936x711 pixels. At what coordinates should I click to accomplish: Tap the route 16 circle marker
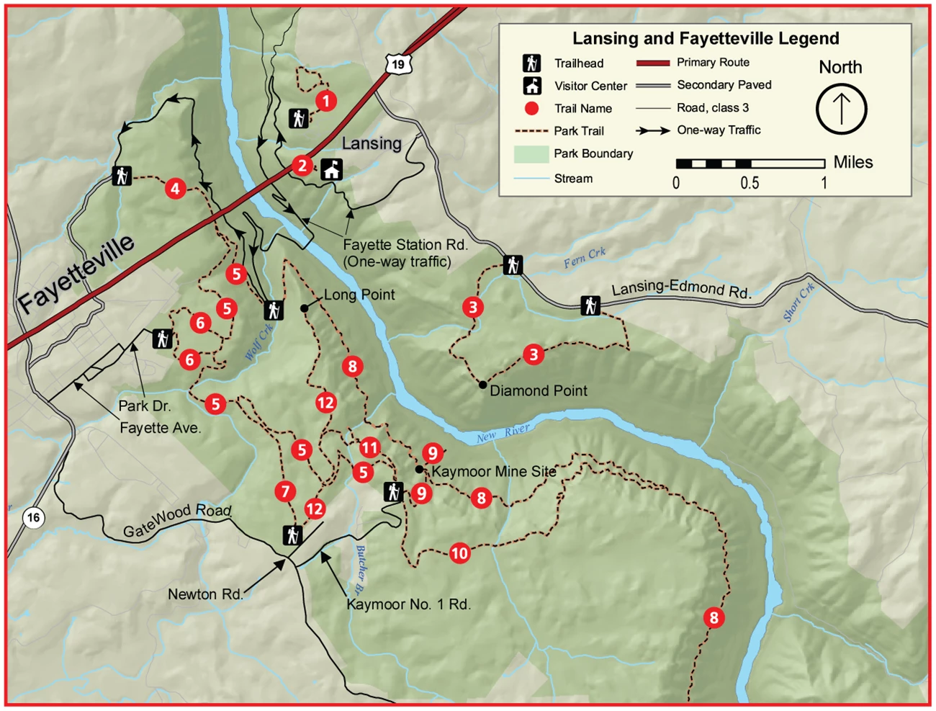32,517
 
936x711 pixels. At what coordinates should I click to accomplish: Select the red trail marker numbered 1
326,100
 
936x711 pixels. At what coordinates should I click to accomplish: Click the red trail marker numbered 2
302,166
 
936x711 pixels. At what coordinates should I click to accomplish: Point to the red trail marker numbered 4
175,189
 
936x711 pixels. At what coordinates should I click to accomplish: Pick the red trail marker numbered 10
459,553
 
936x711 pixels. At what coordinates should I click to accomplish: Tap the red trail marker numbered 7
285,491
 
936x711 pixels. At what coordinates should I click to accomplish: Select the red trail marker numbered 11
369,447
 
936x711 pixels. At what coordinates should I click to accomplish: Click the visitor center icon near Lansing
331,169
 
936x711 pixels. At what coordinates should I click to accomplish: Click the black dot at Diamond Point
482,385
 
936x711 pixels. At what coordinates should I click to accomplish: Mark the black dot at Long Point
305,308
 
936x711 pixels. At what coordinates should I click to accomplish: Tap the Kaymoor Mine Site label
494,472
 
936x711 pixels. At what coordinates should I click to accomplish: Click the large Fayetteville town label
76,273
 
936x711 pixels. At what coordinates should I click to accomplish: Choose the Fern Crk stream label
584,258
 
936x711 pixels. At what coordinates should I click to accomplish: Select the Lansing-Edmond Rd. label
681,290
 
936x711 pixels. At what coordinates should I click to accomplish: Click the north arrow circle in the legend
841,109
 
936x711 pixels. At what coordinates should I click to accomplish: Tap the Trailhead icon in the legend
532,63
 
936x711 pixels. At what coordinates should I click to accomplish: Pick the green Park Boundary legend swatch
531,154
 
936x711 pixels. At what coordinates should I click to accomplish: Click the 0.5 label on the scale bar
750,183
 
